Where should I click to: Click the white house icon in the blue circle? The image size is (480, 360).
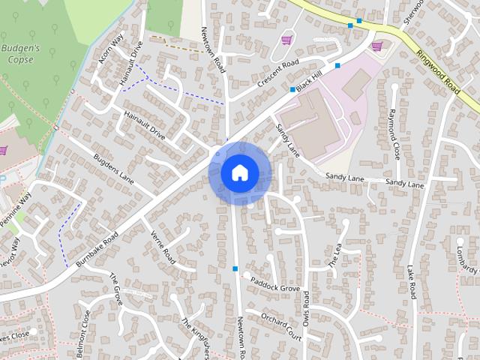click(x=239, y=172)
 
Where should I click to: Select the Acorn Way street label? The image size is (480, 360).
click(x=110, y=51)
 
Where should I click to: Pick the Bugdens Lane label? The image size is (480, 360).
click(x=112, y=169)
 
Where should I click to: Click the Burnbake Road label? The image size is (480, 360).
click(x=91, y=247)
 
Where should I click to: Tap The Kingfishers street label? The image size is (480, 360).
click(x=194, y=338)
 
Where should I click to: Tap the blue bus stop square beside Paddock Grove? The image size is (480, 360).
click(x=235, y=268)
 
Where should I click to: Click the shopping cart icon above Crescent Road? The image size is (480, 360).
click(x=286, y=40)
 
